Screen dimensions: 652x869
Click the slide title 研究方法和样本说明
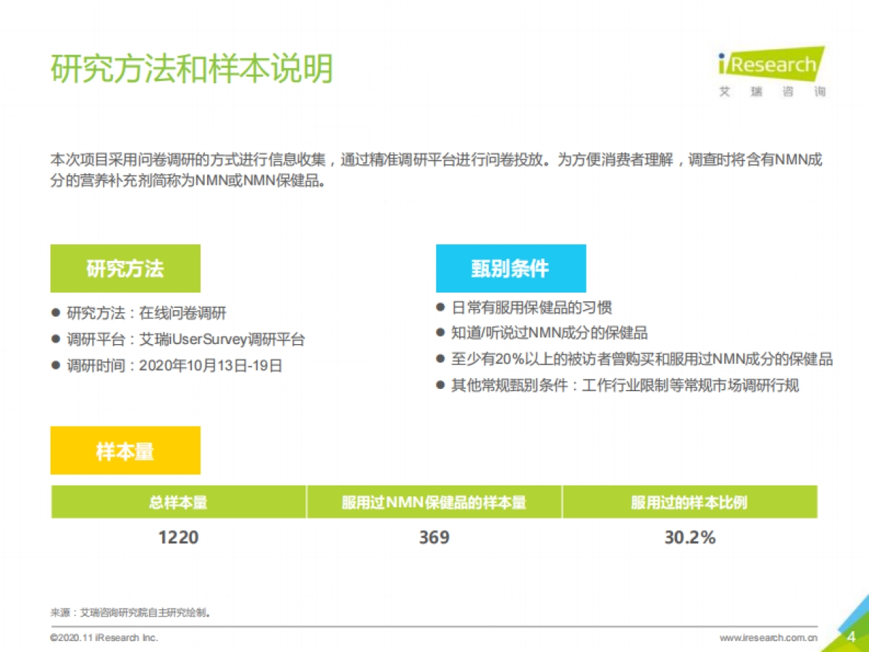click(x=192, y=70)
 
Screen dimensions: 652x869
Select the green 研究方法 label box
click(x=125, y=269)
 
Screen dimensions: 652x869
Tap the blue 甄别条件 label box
click(x=511, y=269)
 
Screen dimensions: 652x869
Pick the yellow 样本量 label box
click(x=125, y=451)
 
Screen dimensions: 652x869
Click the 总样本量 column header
click(x=178, y=502)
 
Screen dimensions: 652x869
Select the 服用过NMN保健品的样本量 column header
click(x=434, y=502)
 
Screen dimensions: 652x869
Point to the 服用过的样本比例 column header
click(x=689, y=502)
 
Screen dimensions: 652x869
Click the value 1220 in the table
click(x=178, y=538)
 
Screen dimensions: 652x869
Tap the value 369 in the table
click(x=434, y=538)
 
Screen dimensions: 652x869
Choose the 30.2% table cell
click(x=689, y=538)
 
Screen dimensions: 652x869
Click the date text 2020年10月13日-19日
click(x=210, y=366)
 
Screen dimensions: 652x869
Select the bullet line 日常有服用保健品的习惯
click(x=532, y=307)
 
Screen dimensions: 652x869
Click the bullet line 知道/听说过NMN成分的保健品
click(x=550, y=333)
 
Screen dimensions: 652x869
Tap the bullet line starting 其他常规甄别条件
click(x=625, y=385)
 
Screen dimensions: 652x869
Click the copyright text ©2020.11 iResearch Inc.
click(x=104, y=638)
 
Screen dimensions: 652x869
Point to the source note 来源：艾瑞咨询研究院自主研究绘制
click(x=130, y=613)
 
